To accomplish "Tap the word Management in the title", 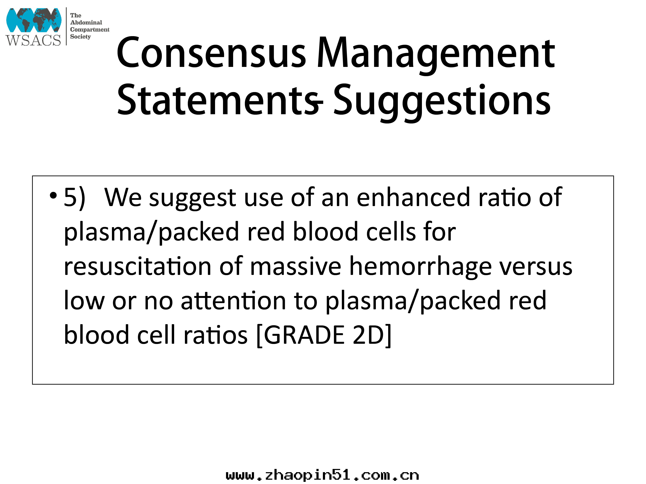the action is tap(436, 55).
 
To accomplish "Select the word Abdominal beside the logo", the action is tap(86, 22).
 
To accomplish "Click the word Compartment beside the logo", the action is tap(90, 29).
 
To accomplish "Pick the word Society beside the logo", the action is tap(80, 37).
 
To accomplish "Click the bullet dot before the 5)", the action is tap(53, 195).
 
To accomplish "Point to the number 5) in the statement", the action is tap(74, 198).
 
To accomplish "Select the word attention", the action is tap(233, 301).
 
